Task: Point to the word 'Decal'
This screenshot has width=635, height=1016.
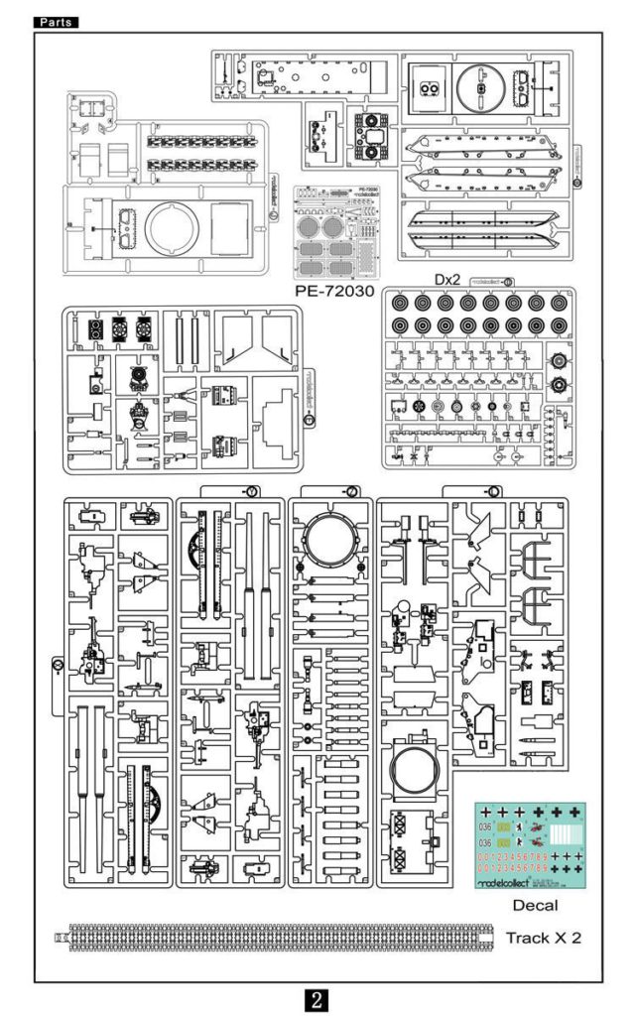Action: tap(535, 904)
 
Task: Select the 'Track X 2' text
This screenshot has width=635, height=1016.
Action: tap(543, 937)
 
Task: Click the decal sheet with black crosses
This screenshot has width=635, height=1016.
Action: tap(530, 844)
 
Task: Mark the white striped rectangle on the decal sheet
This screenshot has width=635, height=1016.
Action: tap(565, 832)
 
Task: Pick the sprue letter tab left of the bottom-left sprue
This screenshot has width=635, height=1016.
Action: tap(58, 665)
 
